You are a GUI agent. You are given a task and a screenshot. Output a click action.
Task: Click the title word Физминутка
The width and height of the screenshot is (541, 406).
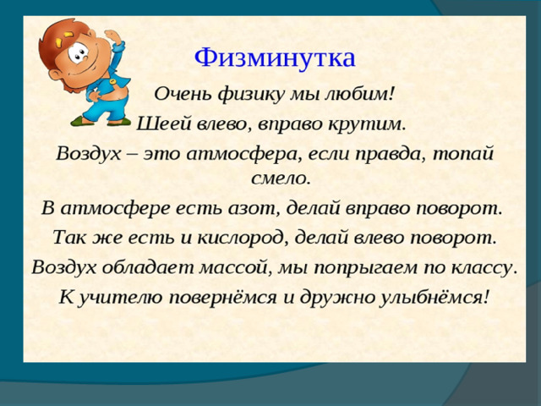pos(275,58)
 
